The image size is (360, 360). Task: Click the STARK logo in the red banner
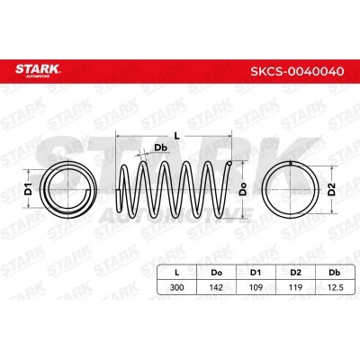38,70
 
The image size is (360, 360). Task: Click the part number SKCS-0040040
297,71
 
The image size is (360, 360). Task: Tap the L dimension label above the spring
177,136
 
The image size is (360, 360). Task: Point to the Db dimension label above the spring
160,148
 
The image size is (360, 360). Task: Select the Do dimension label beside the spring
243,189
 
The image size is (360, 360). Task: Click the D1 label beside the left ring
28,188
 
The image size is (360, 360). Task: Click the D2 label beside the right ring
331,189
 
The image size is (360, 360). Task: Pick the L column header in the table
177,273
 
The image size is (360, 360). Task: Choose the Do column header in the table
216,273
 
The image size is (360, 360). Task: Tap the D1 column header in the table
256,273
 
